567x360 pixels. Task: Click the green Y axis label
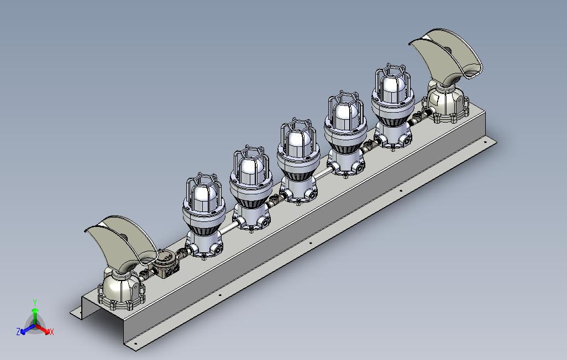coord(35,302)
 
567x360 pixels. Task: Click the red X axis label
coord(52,332)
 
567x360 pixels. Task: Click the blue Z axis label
coord(18,331)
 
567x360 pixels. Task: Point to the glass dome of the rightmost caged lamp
coord(393,88)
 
